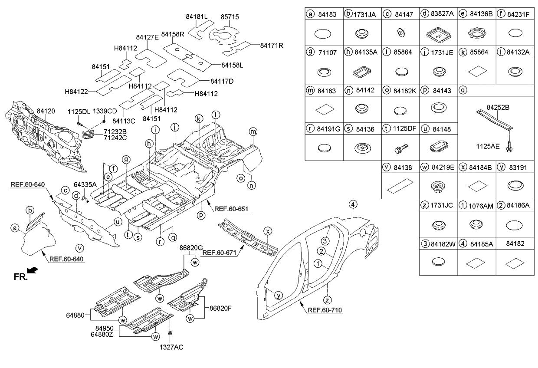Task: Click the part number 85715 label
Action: pyautogui.click(x=230, y=17)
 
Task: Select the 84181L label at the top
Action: pyautogui.click(x=197, y=17)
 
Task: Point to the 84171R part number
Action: pyautogui.click(x=272, y=45)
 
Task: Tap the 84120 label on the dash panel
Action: pyautogui.click(x=46, y=112)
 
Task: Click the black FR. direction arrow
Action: pyautogui.click(x=33, y=271)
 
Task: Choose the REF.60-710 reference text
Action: pyautogui.click(x=325, y=310)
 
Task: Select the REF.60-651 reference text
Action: pyautogui.click(x=232, y=209)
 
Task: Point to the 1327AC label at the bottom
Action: pyautogui.click(x=171, y=347)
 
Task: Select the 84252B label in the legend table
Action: pyautogui.click(x=499, y=107)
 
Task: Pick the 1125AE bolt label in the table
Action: pyautogui.click(x=489, y=146)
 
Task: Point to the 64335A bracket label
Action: pyautogui.click(x=85, y=184)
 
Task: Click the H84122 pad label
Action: pyautogui.click(x=76, y=92)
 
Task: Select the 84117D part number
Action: pyautogui.click(x=222, y=81)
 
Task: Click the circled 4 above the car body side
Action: pyautogui.click(x=354, y=204)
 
